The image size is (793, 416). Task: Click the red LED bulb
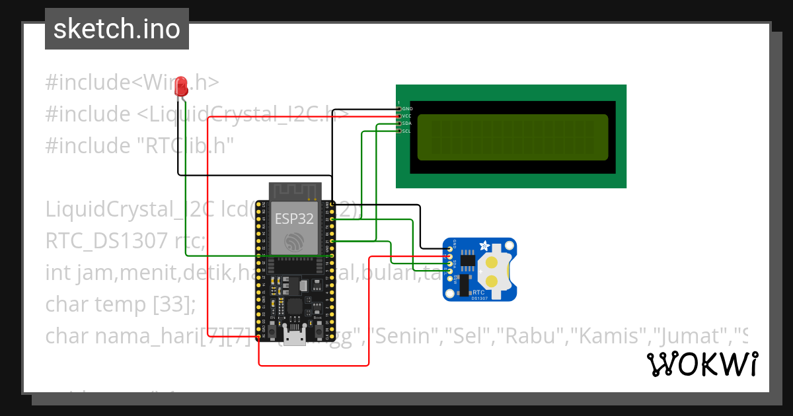(x=181, y=84)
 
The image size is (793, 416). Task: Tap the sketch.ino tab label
(x=116, y=29)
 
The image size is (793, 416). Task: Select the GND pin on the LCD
(x=399, y=108)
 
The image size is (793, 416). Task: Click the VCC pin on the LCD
(x=399, y=116)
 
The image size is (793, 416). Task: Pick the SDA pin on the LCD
(x=399, y=123)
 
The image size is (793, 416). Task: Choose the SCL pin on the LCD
(x=399, y=131)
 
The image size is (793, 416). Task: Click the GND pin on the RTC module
(x=450, y=249)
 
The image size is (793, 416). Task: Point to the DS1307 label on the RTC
(x=480, y=298)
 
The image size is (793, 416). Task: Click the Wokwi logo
(x=702, y=364)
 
